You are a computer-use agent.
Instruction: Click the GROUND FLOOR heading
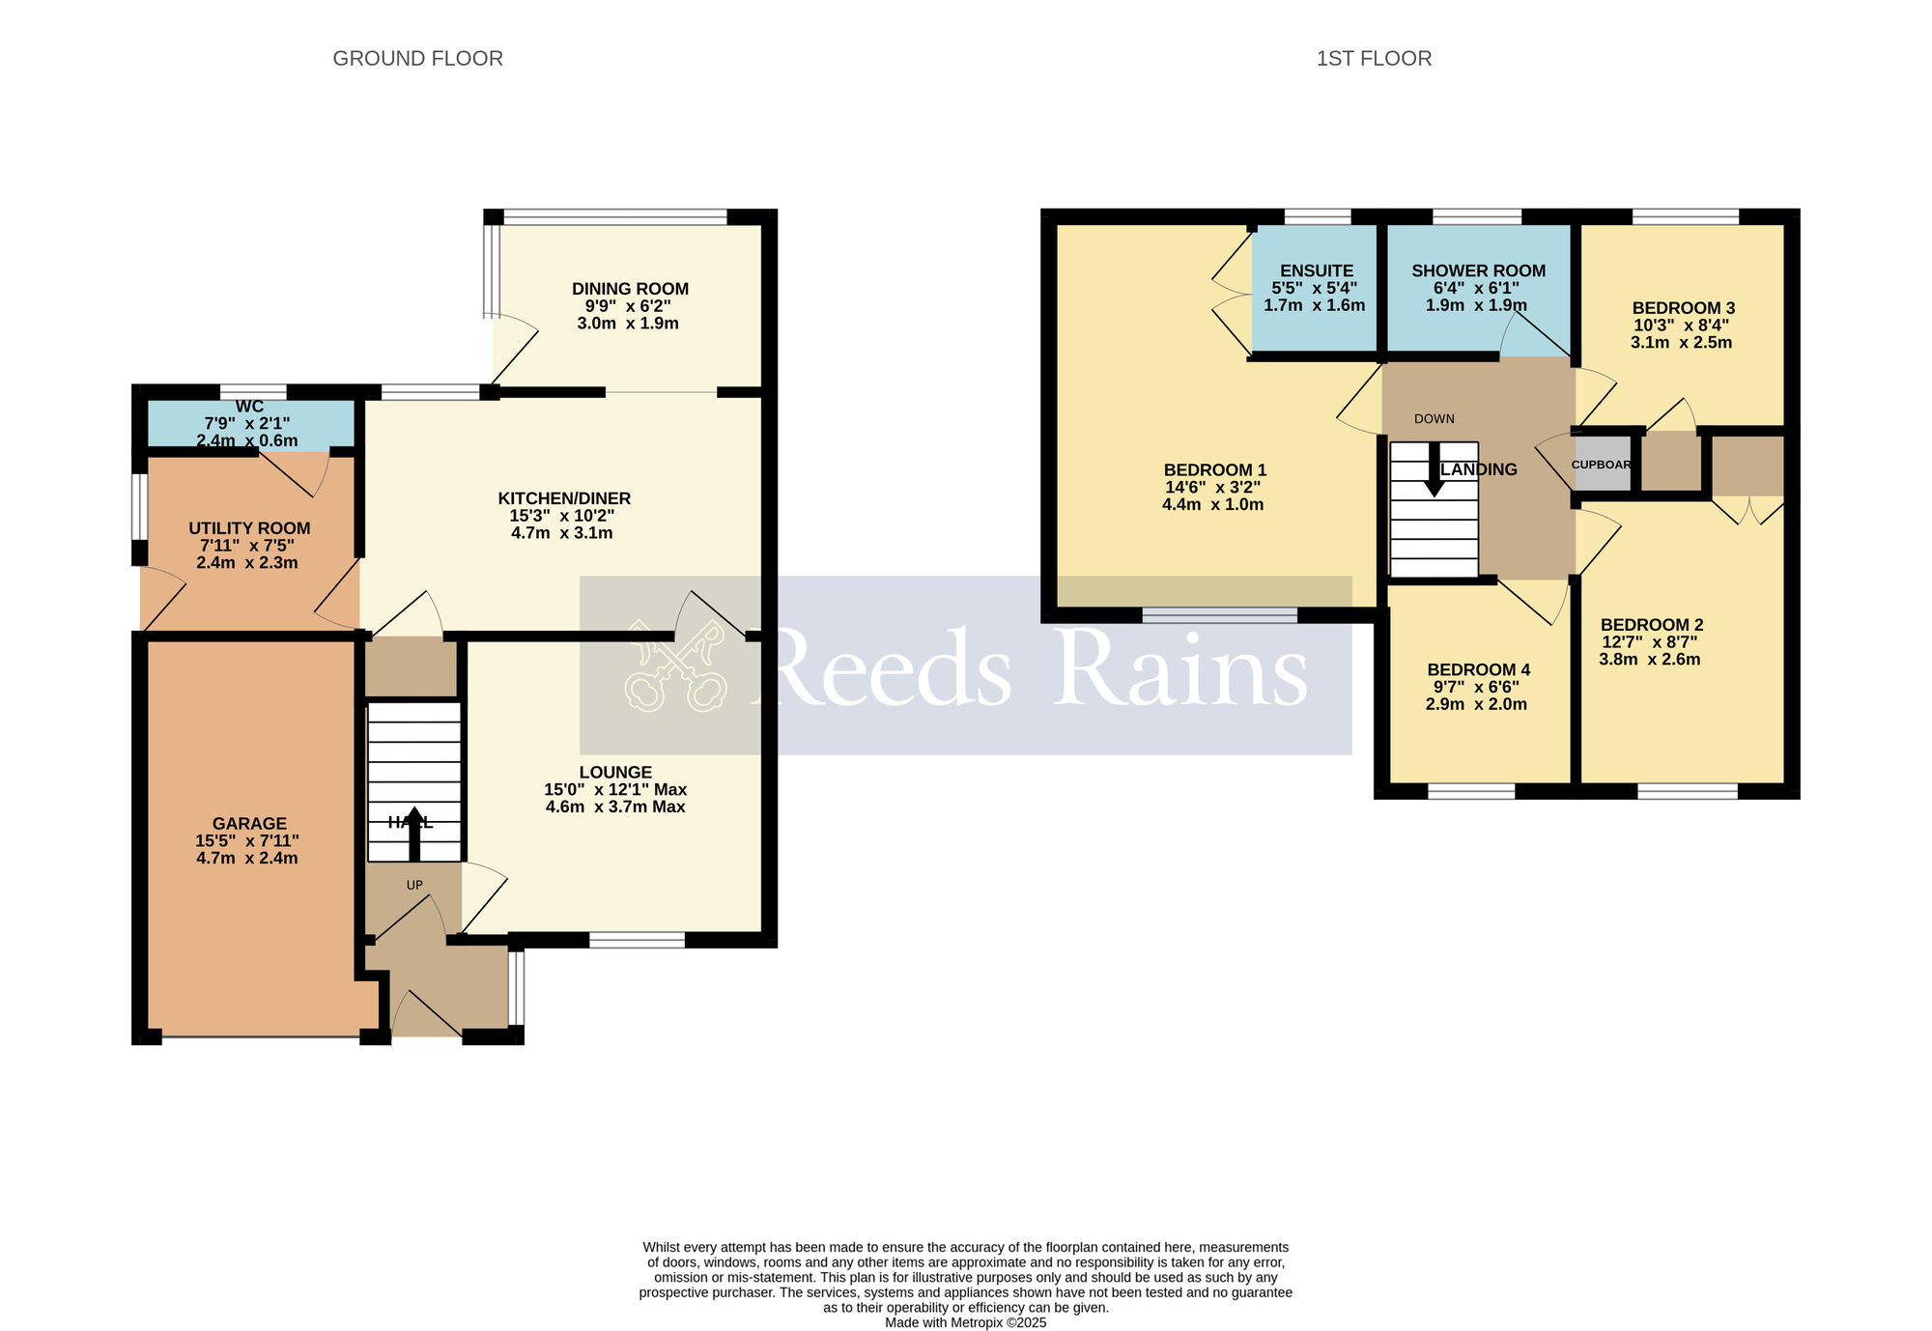(417, 59)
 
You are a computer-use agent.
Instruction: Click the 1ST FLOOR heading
(1374, 59)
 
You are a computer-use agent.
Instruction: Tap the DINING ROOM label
(630, 289)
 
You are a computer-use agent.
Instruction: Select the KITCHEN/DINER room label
(564, 498)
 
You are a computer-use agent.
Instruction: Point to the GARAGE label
(249, 824)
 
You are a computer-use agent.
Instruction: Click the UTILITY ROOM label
(249, 528)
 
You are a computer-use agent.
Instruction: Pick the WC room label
(249, 407)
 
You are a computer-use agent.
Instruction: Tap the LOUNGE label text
(615, 773)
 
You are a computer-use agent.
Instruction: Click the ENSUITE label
(1317, 271)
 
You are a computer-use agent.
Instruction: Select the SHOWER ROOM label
(1478, 271)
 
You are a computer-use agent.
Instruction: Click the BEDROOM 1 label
(1214, 470)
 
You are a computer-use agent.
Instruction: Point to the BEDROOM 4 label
(1478, 670)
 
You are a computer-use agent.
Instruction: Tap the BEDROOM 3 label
(1683, 308)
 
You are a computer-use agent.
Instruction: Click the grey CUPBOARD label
(1602, 465)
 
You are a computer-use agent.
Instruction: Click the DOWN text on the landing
(1434, 419)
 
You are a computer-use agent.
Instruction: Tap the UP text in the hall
(414, 885)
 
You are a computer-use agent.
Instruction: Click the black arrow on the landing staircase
(1435, 469)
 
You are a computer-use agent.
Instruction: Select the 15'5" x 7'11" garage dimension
(247, 841)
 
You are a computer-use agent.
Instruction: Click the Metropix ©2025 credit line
(965, 1322)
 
